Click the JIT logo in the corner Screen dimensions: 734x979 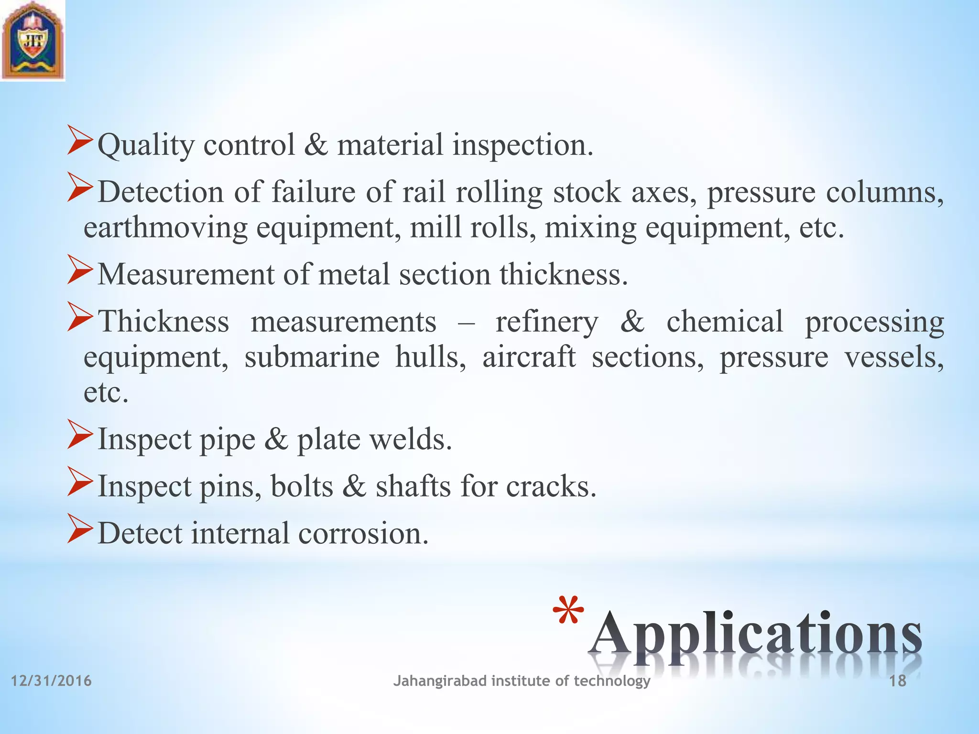click(x=33, y=40)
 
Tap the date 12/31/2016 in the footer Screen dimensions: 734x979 click(x=51, y=680)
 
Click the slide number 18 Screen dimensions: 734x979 click(x=898, y=681)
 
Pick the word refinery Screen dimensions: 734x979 click(x=546, y=322)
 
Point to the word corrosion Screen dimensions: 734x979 click(x=363, y=533)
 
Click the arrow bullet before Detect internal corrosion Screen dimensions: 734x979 click(x=79, y=529)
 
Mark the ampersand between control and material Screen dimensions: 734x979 click(x=316, y=145)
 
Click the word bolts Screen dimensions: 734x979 click(x=302, y=486)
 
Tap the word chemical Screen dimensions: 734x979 click(x=725, y=322)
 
